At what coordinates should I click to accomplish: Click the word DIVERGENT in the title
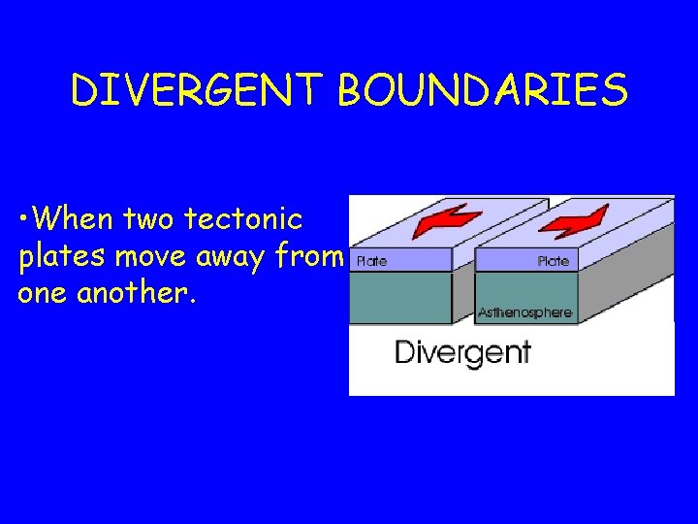tap(199, 92)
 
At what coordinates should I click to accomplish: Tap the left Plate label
tap(372, 261)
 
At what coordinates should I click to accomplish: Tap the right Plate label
tap(553, 261)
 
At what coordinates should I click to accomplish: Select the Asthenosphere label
tap(524, 312)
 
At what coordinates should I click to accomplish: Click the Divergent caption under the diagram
tap(462, 351)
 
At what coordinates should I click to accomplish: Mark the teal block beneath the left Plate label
tap(400, 296)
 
